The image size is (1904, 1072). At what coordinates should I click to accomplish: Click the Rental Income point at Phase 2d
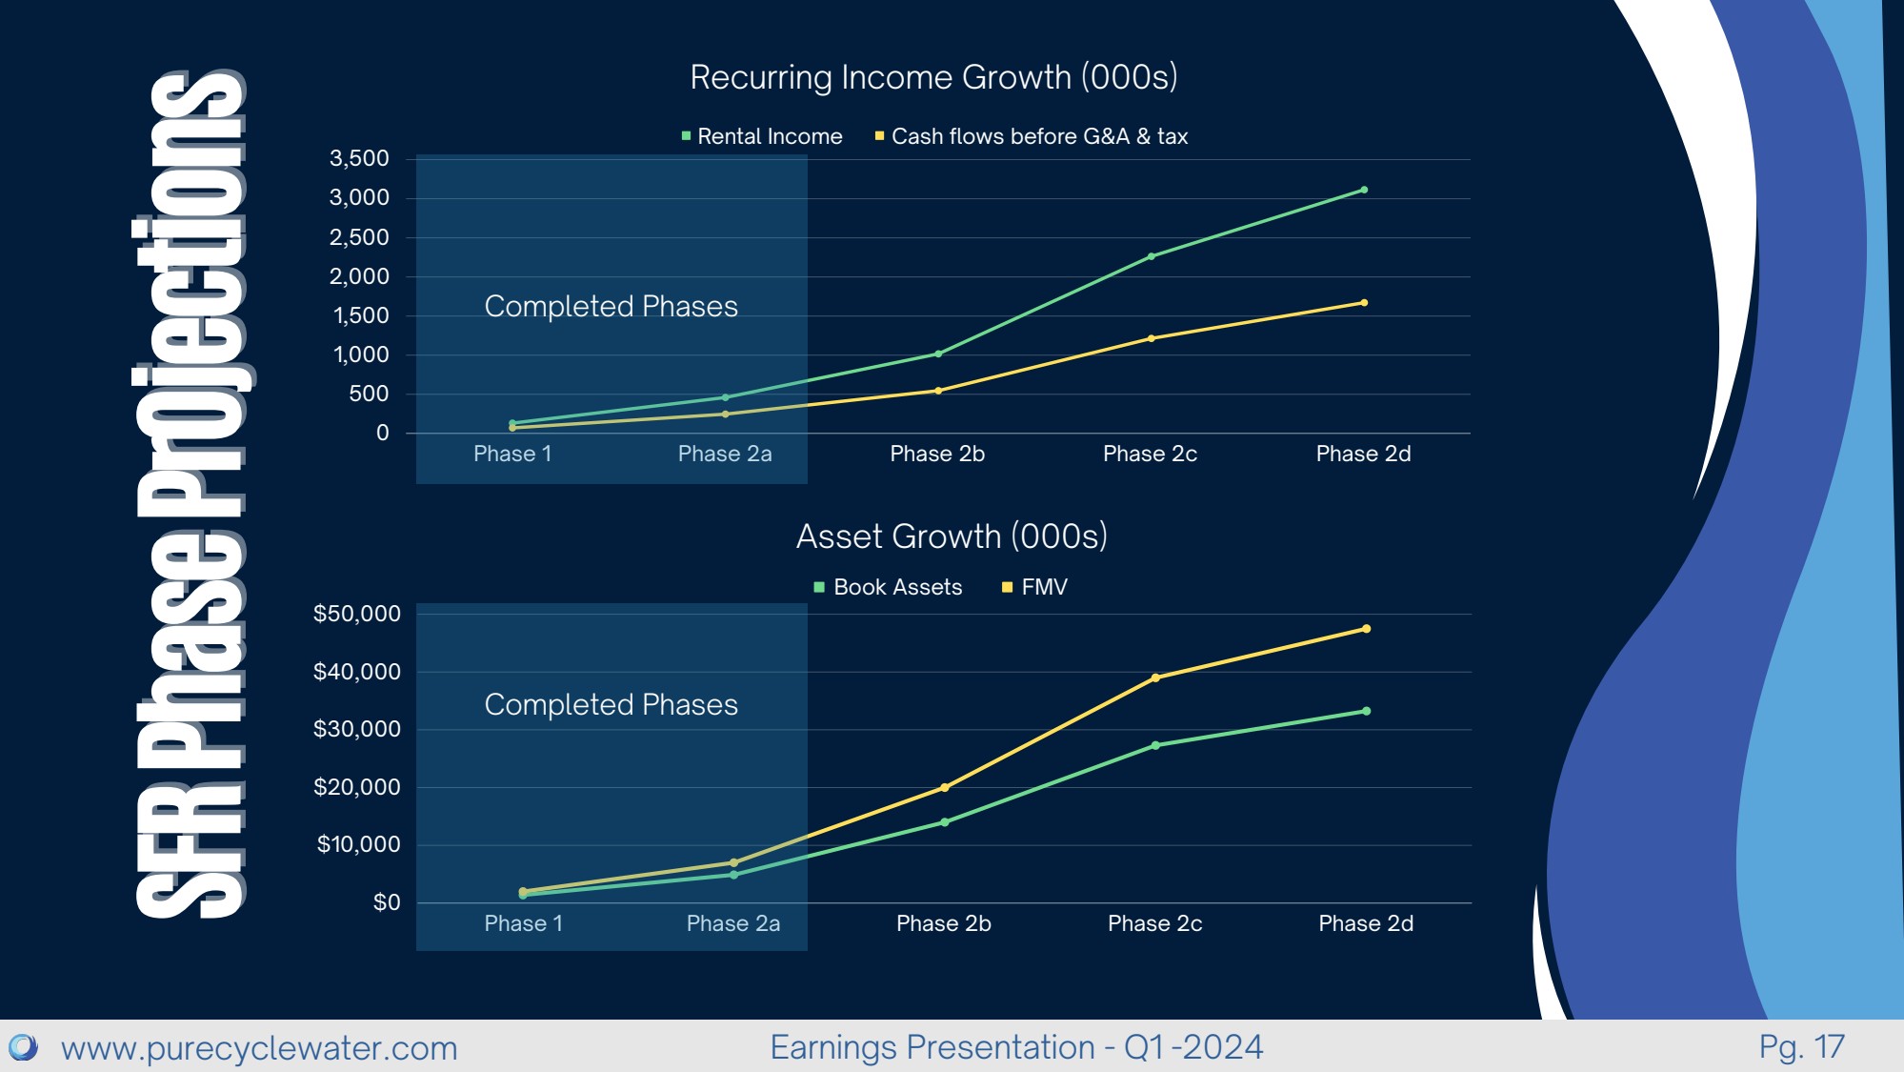pyautogui.click(x=1364, y=190)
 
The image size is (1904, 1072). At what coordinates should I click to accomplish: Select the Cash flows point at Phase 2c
pyautogui.click(x=1152, y=338)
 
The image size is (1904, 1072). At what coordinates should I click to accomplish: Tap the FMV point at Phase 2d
pyautogui.click(x=1367, y=629)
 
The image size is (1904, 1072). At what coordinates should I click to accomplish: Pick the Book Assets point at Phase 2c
pyautogui.click(x=1155, y=745)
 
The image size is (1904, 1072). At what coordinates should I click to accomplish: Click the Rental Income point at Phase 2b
pyautogui.click(x=938, y=354)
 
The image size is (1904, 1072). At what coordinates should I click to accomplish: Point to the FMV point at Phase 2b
pyautogui.click(x=944, y=787)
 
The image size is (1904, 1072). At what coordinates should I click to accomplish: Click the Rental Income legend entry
pyautogui.click(x=762, y=136)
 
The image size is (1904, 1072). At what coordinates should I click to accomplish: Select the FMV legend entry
pyautogui.click(x=1035, y=587)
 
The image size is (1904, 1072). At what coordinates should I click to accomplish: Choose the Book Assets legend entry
pyautogui.click(x=889, y=587)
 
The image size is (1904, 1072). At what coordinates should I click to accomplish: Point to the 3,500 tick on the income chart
pyautogui.click(x=359, y=158)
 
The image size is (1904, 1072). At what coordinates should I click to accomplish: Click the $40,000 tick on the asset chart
pyautogui.click(x=356, y=672)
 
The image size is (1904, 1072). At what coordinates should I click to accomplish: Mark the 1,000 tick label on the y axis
pyautogui.click(x=361, y=354)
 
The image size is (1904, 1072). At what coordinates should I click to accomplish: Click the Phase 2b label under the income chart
pyautogui.click(x=937, y=454)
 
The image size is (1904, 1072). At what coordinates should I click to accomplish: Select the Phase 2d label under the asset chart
pyautogui.click(x=1366, y=923)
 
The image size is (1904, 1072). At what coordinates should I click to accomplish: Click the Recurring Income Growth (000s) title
pyautogui.click(x=933, y=77)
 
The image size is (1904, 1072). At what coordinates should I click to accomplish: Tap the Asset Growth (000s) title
pyautogui.click(x=952, y=536)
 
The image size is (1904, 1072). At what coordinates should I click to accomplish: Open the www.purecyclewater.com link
pyautogui.click(x=259, y=1048)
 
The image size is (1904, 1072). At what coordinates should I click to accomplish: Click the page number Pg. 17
pyautogui.click(x=1801, y=1047)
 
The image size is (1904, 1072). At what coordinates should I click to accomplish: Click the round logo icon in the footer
pyautogui.click(x=23, y=1047)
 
